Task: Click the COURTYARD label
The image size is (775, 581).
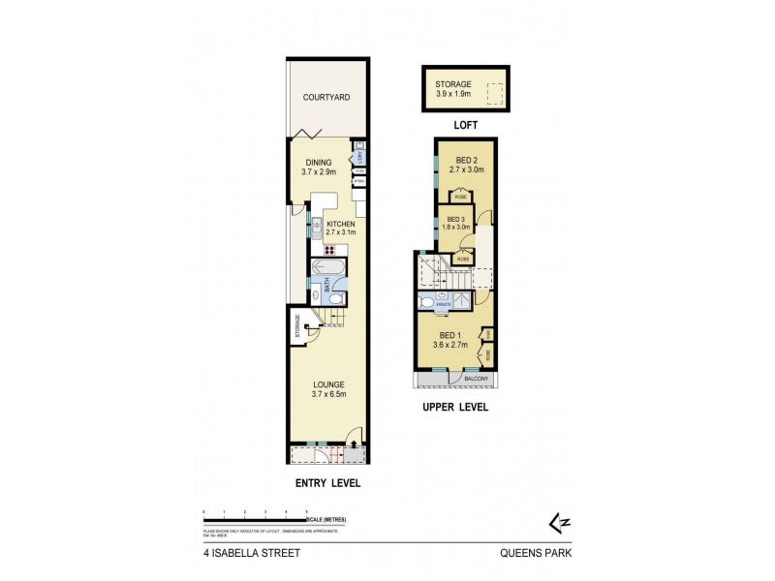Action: pos(325,98)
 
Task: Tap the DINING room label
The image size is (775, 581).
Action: pos(319,163)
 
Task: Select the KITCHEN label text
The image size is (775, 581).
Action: pos(341,224)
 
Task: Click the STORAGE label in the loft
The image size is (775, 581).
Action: pos(453,85)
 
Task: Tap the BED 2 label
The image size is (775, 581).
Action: pos(467,160)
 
